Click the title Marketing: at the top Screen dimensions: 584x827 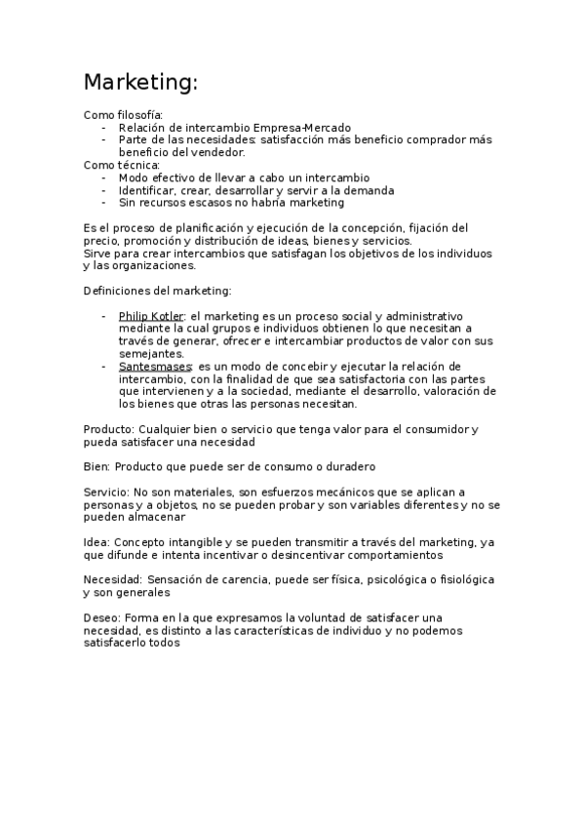point(140,83)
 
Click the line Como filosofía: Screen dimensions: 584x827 point(123,115)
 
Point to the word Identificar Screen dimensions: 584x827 point(147,191)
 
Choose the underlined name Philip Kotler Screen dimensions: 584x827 point(151,317)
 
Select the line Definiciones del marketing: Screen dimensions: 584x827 point(157,291)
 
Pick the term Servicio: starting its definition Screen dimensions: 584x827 point(107,492)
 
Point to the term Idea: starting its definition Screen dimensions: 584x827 point(97,542)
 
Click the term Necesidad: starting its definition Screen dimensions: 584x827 point(114,580)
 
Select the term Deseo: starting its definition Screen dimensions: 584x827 point(101,618)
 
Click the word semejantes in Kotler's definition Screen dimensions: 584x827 point(151,354)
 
